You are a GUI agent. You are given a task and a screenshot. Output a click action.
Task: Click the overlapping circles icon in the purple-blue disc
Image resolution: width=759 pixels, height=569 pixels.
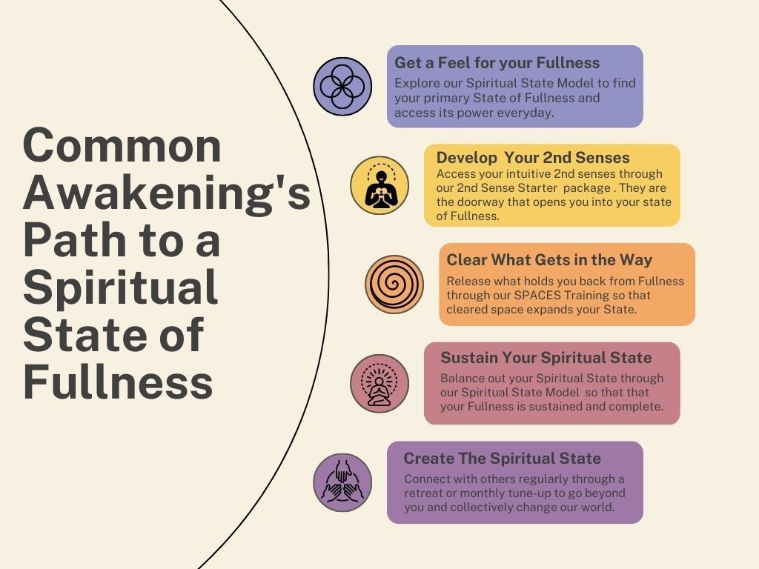click(342, 87)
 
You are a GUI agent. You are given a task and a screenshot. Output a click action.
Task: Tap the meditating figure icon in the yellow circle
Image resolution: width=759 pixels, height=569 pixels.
click(379, 185)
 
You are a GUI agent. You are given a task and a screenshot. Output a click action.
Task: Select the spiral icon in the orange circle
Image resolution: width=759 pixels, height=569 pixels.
click(394, 284)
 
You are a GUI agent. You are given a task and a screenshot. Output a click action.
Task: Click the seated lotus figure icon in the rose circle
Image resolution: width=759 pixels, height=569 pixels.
click(379, 383)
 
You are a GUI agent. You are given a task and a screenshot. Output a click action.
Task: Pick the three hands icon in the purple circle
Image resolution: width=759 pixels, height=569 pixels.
click(342, 482)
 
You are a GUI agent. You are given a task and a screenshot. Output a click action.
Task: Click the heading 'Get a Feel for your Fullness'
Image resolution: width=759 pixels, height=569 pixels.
click(497, 63)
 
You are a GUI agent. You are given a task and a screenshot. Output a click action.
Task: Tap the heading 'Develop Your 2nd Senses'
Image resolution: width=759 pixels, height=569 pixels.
click(533, 158)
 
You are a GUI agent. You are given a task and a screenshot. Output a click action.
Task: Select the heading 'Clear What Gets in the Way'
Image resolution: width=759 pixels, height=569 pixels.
click(549, 259)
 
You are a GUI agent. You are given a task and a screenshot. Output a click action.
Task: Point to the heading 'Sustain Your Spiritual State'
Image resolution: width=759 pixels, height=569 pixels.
click(546, 358)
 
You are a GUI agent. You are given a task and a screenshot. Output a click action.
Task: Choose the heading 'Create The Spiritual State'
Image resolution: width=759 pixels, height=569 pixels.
click(502, 459)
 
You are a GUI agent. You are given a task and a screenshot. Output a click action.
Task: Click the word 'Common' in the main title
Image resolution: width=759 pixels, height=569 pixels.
click(122, 146)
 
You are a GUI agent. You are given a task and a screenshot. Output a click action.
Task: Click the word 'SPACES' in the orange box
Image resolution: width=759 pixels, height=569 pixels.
click(539, 295)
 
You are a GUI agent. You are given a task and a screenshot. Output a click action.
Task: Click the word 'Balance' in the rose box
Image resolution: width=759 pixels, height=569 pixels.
click(463, 378)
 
